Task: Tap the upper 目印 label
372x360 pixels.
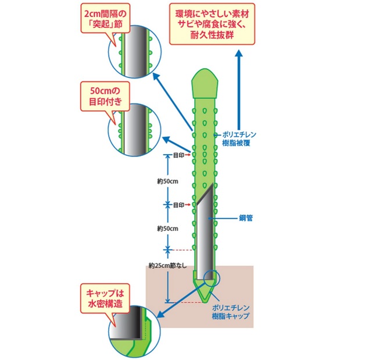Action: click(181, 155)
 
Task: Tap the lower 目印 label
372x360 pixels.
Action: click(181, 205)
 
